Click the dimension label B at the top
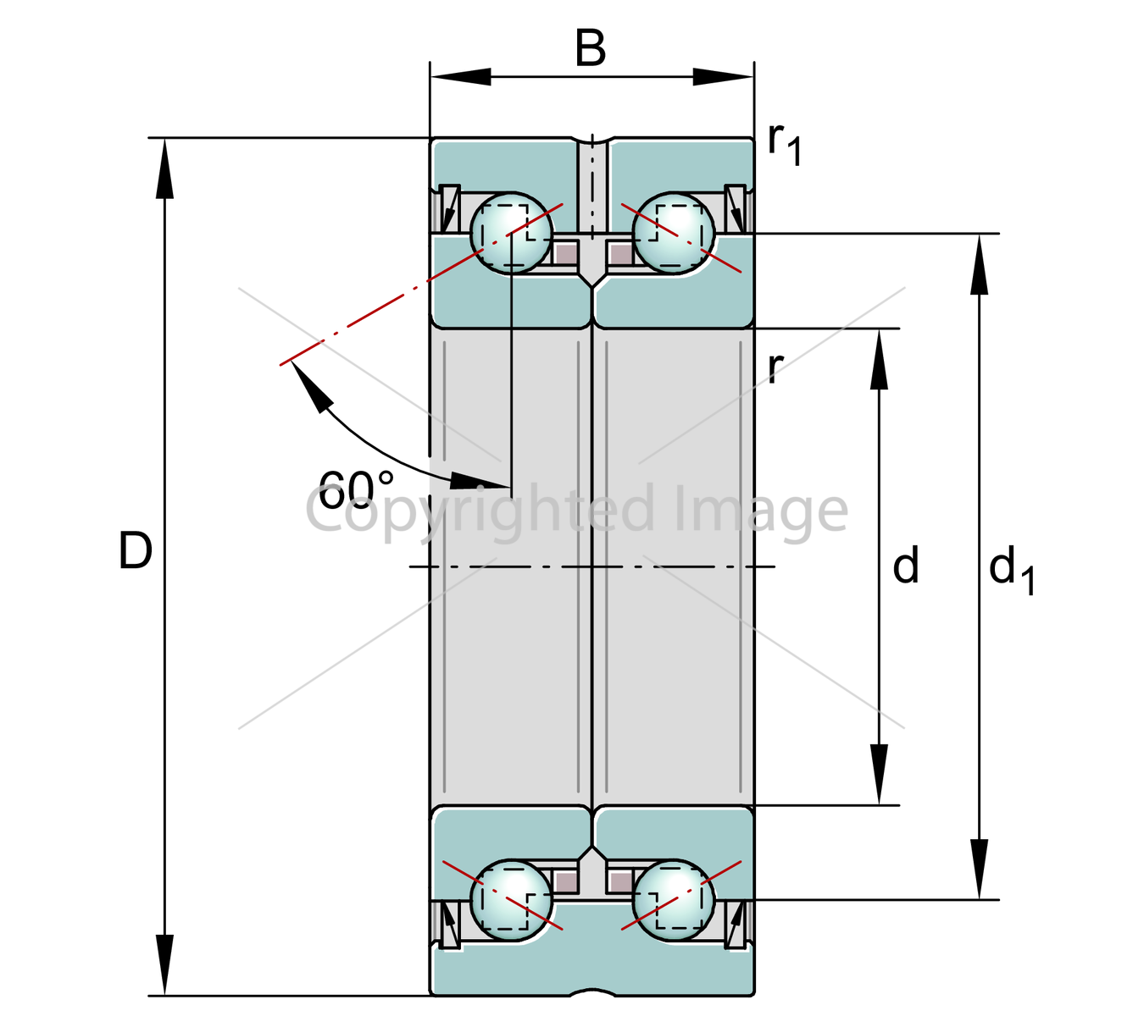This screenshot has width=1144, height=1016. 590,48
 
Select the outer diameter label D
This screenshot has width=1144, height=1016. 135,550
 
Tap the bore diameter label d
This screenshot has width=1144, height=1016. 905,564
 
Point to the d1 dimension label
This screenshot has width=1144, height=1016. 1011,569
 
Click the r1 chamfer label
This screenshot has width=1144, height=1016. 785,145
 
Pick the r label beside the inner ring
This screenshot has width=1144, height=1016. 776,367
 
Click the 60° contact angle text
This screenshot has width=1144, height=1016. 356,489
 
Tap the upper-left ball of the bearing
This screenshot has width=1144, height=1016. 512,234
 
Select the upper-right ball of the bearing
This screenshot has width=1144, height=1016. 674,234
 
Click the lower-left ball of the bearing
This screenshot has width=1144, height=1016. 512,900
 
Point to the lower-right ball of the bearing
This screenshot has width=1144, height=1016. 674,900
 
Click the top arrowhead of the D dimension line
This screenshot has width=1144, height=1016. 164,168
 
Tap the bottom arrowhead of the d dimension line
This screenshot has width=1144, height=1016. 879,774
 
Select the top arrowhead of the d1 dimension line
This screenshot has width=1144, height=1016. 979,264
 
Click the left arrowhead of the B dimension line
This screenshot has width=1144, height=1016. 461,77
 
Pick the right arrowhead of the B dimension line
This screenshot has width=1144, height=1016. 724,77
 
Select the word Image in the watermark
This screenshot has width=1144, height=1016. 761,512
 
